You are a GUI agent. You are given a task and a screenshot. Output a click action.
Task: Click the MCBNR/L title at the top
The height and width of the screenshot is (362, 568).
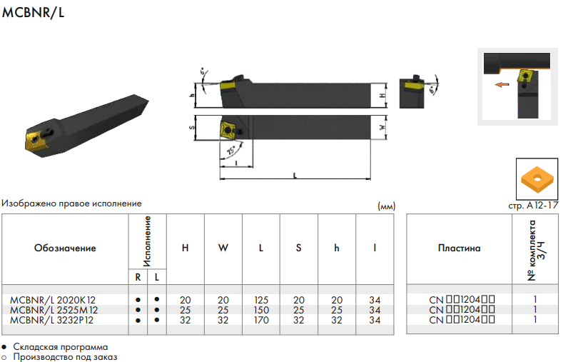click(33, 12)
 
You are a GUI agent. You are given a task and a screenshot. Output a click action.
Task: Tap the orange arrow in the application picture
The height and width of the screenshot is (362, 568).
click(502, 84)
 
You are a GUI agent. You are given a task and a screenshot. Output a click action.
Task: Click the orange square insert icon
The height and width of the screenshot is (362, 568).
click(537, 179)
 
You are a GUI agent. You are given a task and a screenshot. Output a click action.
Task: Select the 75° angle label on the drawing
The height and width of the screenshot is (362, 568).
click(231, 150)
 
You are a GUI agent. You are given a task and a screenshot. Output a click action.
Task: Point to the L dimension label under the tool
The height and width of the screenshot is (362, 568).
click(295, 176)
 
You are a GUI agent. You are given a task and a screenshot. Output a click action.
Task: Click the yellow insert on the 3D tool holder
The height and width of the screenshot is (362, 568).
click(36, 141)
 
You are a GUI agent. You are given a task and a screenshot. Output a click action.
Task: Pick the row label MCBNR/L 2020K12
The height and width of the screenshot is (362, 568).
click(53, 300)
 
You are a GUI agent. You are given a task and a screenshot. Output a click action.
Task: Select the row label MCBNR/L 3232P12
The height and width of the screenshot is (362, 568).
click(51, 321)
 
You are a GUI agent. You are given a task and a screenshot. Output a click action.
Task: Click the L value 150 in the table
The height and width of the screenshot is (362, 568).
click(261, 310)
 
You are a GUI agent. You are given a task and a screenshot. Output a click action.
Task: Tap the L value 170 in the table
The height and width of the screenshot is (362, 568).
click(261, 321)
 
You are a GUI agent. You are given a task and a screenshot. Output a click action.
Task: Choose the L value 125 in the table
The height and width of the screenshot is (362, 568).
click(261, 300)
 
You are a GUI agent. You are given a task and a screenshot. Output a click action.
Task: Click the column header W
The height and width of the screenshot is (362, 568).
click(223, 248)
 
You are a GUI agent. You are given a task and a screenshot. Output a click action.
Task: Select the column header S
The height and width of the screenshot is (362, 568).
click(298, 248)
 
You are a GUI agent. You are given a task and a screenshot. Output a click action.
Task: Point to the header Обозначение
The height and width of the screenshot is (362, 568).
click(65, 248)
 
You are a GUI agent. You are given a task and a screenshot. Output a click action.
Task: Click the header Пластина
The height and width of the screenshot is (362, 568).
click(459, 248)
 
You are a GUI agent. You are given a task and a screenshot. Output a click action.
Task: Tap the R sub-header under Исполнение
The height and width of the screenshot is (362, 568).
click(138, 277)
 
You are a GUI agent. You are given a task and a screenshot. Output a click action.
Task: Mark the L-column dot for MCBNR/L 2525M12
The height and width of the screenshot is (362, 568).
click(156, 310)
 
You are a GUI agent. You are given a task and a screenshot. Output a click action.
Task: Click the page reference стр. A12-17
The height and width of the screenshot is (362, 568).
click(533, 206)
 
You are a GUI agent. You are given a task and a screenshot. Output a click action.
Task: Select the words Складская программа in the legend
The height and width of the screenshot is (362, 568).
click(61, 347)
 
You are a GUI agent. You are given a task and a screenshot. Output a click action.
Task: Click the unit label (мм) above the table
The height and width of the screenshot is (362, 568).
click(387, 206)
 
